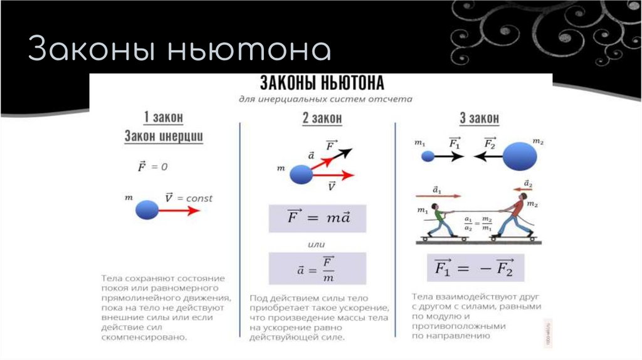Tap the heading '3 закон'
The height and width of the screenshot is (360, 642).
pyautogui.click(x=480, y=118)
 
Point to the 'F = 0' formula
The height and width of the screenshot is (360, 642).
pyautogui.click(x=152, y=167)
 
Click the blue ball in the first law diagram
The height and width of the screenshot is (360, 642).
pyautogui.click(x=147, y=209)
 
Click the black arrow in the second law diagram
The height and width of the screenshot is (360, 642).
pyautogui.click(x=339, y=154)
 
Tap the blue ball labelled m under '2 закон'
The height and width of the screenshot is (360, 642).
pyautogui.click(x=301, y=174)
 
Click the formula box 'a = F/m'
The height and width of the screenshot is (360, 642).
pyautogui.click(x=317, y=268)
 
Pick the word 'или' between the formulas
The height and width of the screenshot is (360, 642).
pyautogui.click(x=316, y=243)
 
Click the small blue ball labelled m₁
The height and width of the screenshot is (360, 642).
pyautogui.click(x=428, y=156)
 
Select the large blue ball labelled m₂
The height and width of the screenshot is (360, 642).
pyautogui.click(x=520, y=156)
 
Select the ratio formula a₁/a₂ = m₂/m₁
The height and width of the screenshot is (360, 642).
pyautogui.click(x=478, y=223)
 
